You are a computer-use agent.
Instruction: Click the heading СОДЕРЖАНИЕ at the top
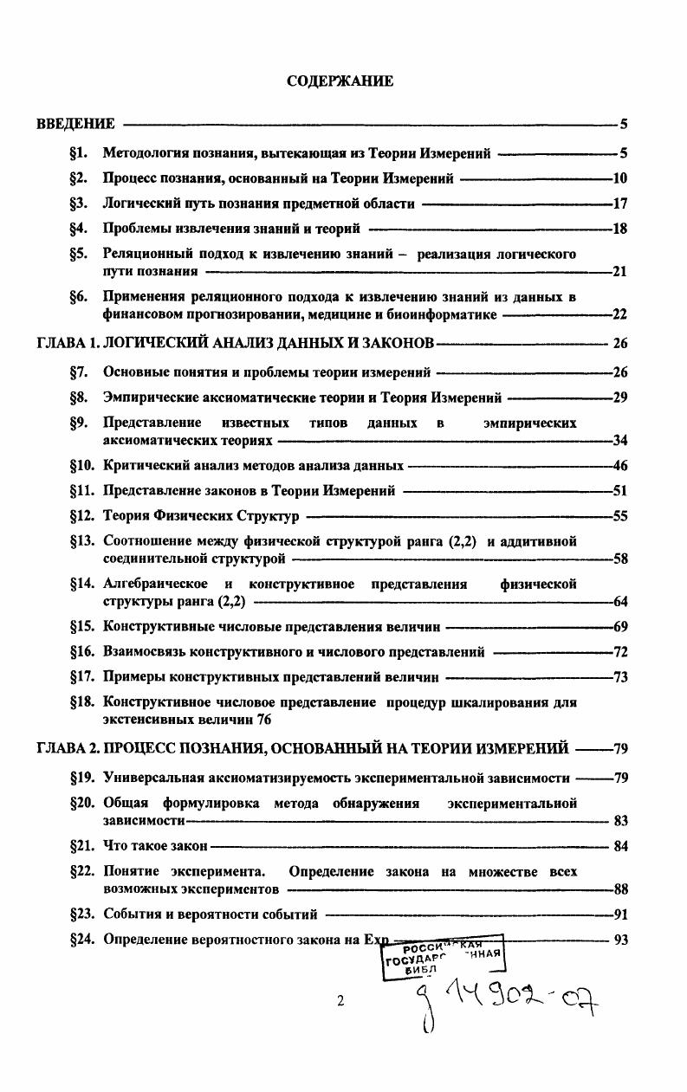click(x=340, y=81)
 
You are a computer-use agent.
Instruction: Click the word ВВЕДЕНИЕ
click(x=75, y=124)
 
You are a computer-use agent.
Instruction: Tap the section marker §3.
click(x=80, y=204)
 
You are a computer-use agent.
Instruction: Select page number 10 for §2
click(x=619, y=179)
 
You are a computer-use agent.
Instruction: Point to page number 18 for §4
click(x=619, y=229)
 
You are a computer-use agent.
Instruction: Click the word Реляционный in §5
click(x=142, y=255)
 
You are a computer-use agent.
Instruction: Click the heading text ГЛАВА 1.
click(x=68, y=343)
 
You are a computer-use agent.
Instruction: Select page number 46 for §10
click(x=619, y=466)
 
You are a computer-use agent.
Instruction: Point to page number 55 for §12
click(x=619, y=516)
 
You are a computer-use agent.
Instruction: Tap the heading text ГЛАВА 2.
click(x=68, y=748)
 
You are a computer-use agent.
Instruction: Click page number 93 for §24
click(x=619, y=940)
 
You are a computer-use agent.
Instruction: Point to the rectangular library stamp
click(x=442, y=955)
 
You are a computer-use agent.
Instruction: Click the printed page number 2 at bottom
click(x=340, y=1001)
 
